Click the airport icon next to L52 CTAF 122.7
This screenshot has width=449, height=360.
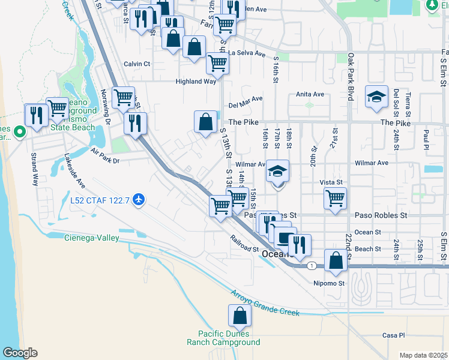coord(139,199)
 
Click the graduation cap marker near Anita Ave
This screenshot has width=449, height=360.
coord(376,97)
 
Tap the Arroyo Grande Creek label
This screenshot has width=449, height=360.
coord(265,303)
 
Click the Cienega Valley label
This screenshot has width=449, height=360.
coord(92,238)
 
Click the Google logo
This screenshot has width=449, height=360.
coord(20,353)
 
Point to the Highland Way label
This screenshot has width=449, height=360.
coord(196,82)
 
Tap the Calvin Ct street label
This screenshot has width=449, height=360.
coord(137,64)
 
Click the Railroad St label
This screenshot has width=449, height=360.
coord(244,244)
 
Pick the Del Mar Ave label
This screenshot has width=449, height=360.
coord(246,100)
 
